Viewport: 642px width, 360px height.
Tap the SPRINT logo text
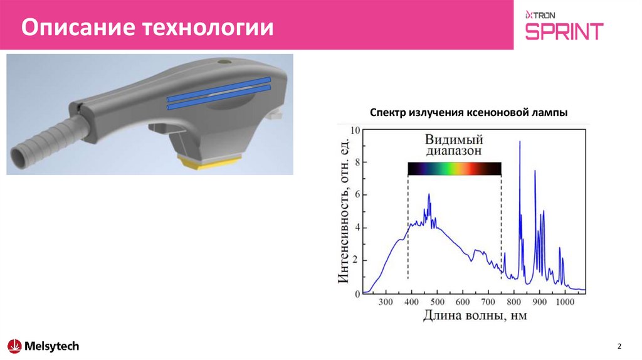point(564,31)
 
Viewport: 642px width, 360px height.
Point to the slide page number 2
point(619,347)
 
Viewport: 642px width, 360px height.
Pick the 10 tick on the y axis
point(355,130)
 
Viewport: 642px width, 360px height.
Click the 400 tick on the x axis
point(411,302)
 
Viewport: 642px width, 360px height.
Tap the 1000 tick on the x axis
point(565,302)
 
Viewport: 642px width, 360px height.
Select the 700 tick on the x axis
point(488,302)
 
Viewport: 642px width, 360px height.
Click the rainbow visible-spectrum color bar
point(454,168)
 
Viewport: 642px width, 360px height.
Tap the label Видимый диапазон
point(455,145)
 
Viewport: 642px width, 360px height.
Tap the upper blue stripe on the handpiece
point(219,88)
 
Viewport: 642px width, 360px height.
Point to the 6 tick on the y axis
point(357,195)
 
